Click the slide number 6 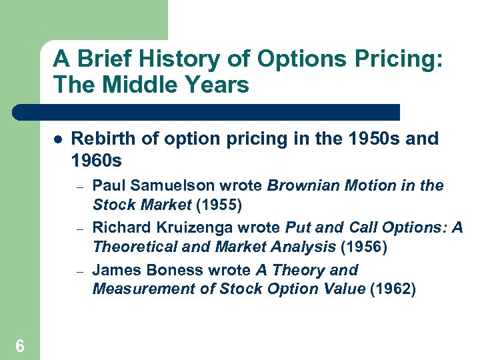point(20,345)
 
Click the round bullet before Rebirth point(58,140)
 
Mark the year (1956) point(364,247)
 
